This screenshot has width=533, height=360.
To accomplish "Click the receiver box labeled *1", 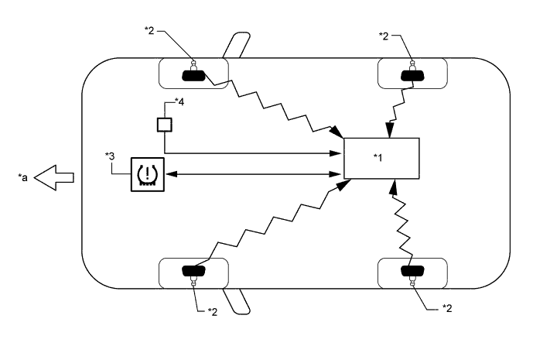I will [x=381, y=159].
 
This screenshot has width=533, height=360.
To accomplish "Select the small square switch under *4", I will [x=164, y=123].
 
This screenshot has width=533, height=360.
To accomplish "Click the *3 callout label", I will [x=111, y=157].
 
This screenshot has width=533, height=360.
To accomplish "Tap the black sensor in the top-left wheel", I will [x=193, y=75].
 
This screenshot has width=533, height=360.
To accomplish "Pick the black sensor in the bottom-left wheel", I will [x=193, y=271].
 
